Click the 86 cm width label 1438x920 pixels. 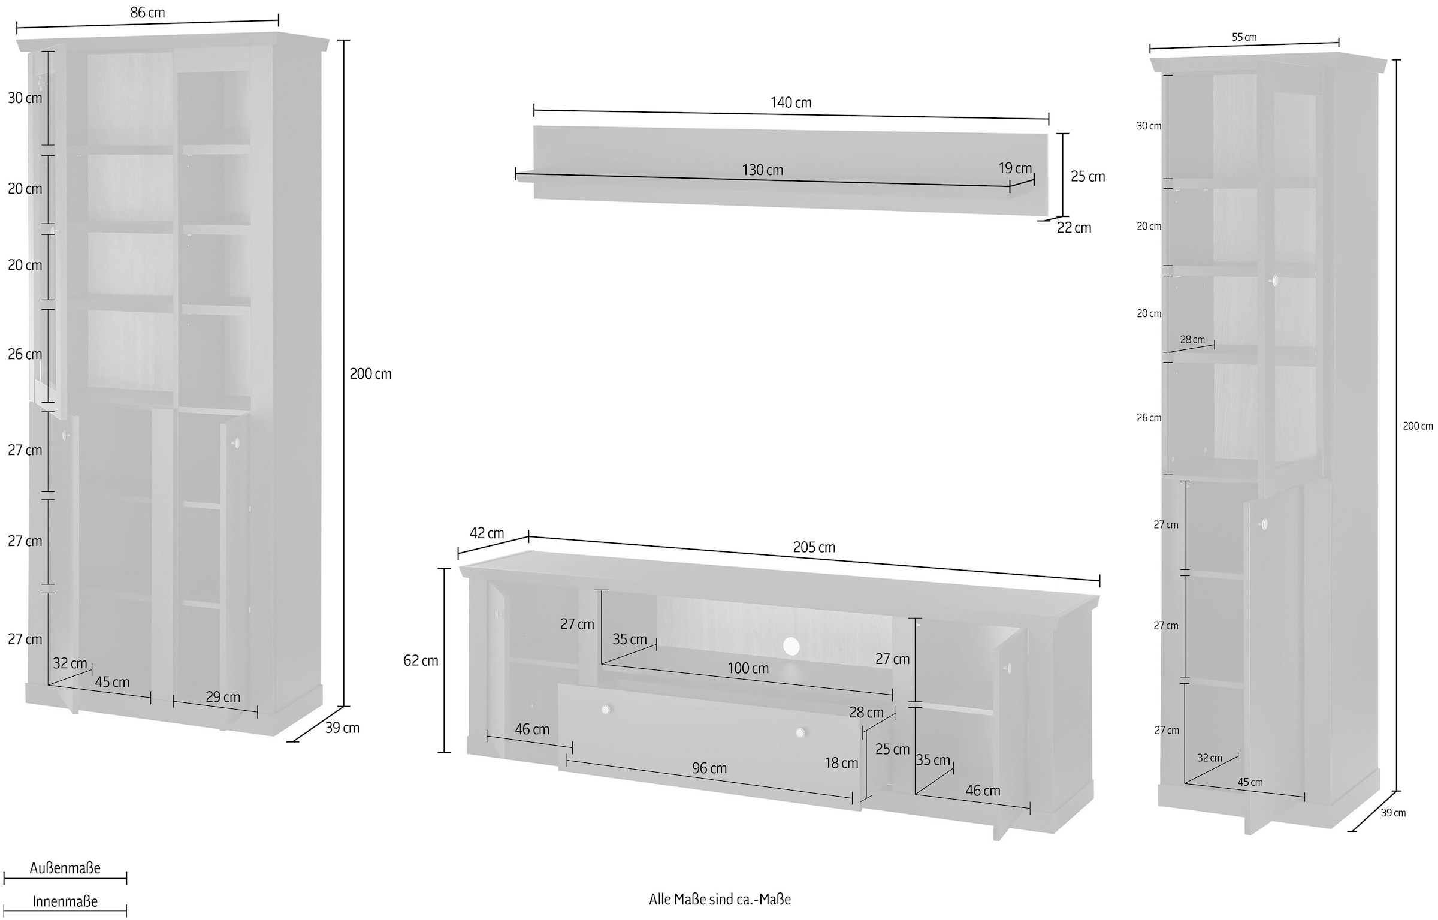pyautogui.click(x=147, y=13)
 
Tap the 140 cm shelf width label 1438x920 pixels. pyautogui.click(x=791, y=103)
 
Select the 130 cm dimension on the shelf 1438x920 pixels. pyautogui.click(x=762, y=170)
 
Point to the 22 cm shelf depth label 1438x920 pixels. pyautogui.click(x=1074, y=228)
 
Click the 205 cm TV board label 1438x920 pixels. pyautogui.click(x=814, y=547)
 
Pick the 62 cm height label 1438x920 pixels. pyautogui.click(x=421, y=660)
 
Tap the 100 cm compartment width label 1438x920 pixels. pyautogui.click(x=748, y=668)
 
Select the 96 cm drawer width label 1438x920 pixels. pyautogui.click(x=709, y=768)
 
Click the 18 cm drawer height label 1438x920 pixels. pyautogui.click(x=841, y=763)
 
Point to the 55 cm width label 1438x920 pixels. pyautogui.click(x=1244, y=37)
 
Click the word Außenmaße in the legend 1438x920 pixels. pyautogui.click(x=65, y=868)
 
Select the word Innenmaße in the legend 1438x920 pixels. pyautogui.click(x=65, y=901)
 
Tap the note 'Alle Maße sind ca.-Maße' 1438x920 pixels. pyautogui.click(x=720, y=899)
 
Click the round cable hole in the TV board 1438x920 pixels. pyautogui.click(x=791, y=646)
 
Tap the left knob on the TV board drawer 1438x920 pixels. pyautogui.click(x=605, y=710)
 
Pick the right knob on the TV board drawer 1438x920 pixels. pyautogui.click(x=800, y=732)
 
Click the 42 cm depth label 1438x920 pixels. pyautogui.click(x=487, y=533)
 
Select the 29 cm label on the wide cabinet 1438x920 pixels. pyautogui.click(x=223, y=697)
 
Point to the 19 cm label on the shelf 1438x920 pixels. pyautogui.click(x=1015, y=168)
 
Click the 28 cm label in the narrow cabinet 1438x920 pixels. pyautogui.click(x=1192, y=340)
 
